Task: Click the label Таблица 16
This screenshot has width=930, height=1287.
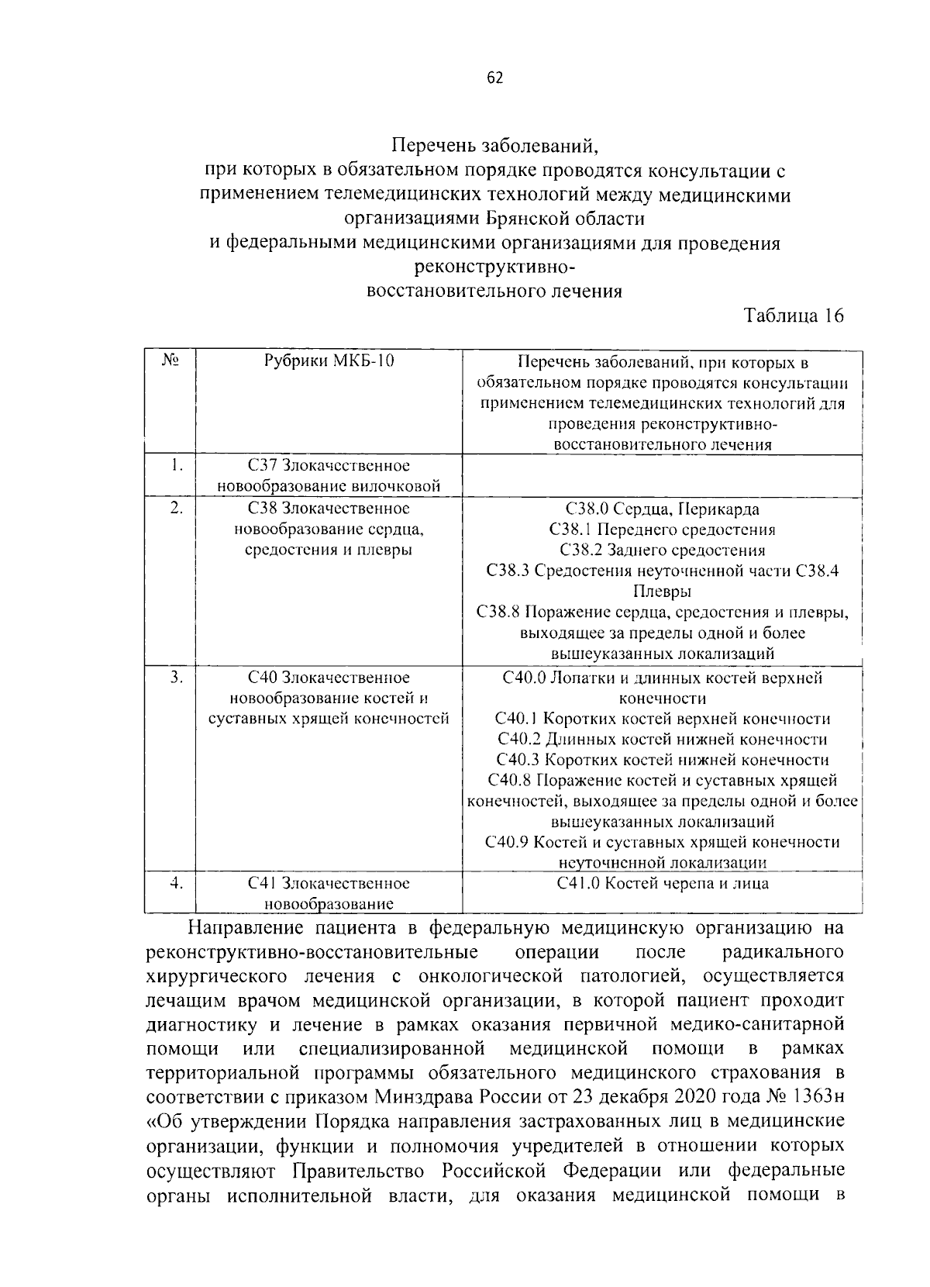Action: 793,316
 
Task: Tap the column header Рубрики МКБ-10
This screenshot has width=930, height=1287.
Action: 329,361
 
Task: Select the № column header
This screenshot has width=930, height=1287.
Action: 170,361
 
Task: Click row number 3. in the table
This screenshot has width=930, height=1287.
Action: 177,678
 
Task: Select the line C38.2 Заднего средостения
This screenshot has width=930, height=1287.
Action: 662,550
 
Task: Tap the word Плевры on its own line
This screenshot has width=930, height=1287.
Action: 662,592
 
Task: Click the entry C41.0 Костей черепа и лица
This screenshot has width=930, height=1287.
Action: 662,883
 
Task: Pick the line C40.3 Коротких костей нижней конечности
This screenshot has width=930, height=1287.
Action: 662,760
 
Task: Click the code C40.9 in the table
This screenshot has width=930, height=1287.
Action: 506,842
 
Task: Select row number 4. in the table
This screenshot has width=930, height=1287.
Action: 177,884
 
